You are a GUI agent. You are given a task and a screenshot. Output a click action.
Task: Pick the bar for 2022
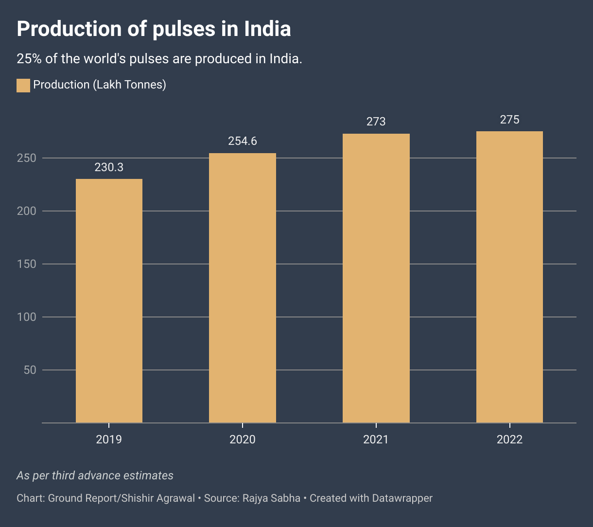tap(509, 277)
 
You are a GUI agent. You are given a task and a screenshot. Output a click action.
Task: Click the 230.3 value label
tap(109, 168)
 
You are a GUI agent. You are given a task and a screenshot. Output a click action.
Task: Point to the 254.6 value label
tap(243, 141)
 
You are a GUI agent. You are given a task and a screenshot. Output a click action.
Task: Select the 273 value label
tap(376, 122)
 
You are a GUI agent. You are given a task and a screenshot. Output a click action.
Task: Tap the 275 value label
tap(509, 120)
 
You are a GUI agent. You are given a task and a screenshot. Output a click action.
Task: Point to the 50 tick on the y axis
tap(30, 370)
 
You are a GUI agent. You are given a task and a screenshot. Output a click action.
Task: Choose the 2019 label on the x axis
tap(109, 439)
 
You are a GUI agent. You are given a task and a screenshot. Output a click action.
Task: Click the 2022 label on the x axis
tap(509, 439)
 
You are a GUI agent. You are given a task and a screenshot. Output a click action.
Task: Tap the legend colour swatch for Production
tap(23, 85)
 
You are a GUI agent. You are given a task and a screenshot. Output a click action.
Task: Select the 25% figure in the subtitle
tap(28, 59)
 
